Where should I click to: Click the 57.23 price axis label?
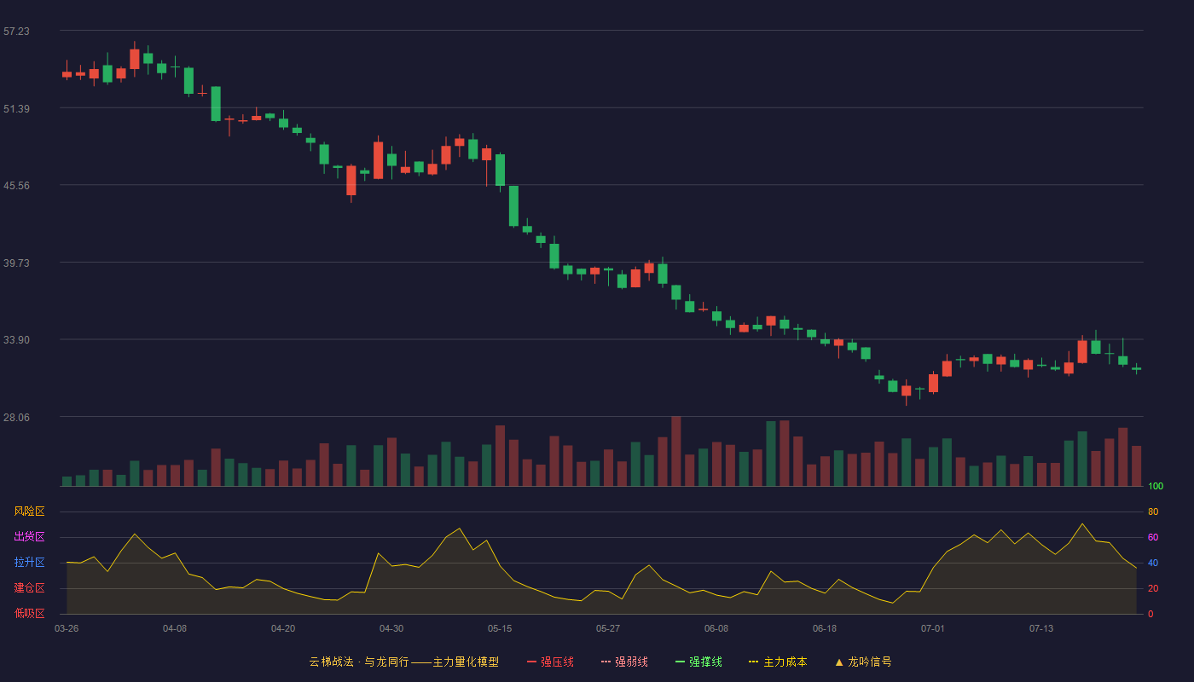coord(16,32)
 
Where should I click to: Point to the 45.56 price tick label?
coord(16,186)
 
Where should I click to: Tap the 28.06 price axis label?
coord(16,417)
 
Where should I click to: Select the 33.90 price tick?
coord(16,340)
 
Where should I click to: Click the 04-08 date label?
coord(175,629)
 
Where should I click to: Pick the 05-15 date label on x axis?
coord(500,629)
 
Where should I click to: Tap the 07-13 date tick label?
coord(1041,629)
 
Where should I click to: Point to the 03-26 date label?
coord(67,629)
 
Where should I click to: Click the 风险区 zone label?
coord(29,511)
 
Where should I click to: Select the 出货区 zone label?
coord(29,536)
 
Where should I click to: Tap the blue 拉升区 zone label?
coord(29,562)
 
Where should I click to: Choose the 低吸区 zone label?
coord(29,613)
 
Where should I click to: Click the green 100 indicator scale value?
coord(1156,486)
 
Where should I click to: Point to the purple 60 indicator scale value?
coord(1153,537)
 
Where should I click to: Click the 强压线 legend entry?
coord(550,662)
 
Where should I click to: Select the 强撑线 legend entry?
coord(698,662)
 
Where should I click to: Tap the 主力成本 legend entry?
coord(778,662)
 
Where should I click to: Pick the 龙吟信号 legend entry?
coord(863,662)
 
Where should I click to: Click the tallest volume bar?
coord(675,451)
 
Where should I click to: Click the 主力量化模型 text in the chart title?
coord(466,662)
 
